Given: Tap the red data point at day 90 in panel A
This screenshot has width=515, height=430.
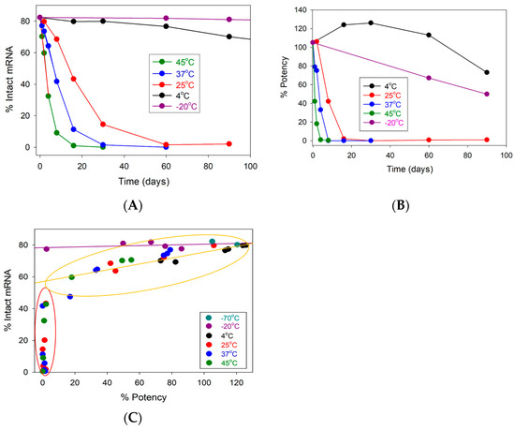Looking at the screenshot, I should (x=229, y=143).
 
